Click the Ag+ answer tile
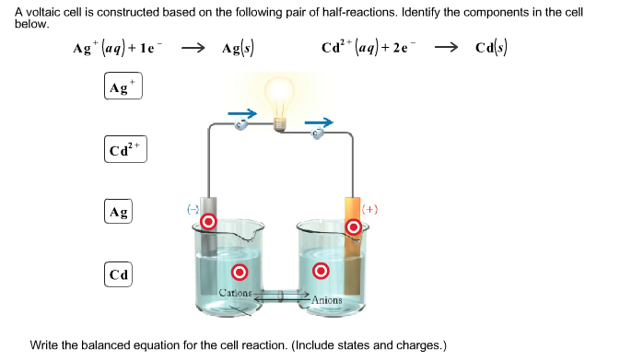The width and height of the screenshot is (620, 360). pos(123,88)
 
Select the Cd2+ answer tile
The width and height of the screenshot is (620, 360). pos(123,149)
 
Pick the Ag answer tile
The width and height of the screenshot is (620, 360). pos(119,211)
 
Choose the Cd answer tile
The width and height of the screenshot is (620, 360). pos(119,274)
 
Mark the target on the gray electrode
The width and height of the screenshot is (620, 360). pos(209,222)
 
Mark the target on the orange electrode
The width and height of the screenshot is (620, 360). pos(353,226)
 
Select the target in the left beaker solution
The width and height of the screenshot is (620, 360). pos(240,272)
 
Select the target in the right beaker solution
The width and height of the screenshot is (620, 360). pos(321,271)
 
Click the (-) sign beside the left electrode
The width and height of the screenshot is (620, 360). pos(193,210)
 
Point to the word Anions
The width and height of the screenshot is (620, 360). pos(326,300)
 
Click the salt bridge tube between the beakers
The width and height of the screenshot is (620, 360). pos(280,296)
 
